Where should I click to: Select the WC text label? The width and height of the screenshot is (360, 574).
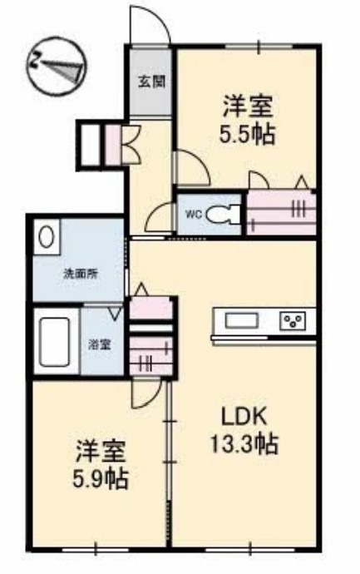point(193,214)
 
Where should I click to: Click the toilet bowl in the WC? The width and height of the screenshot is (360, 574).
point(221,214)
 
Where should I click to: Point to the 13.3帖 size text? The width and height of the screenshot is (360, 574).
point(243,443)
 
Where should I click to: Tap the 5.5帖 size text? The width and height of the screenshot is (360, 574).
point(248,134)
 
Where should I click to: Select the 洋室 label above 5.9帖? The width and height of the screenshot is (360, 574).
point(101,452)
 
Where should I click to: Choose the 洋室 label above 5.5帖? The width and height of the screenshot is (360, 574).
point(248,106)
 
